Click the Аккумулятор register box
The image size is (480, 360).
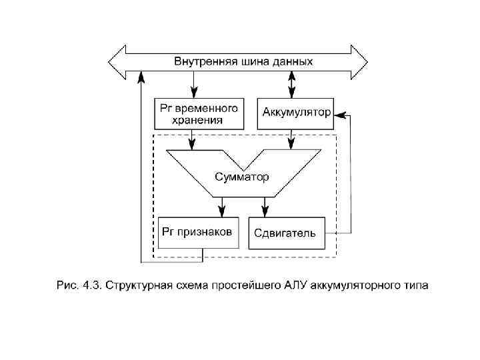295,112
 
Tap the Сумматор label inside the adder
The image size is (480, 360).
242,177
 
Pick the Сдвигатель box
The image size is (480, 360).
287,233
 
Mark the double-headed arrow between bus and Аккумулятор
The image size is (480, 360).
291,85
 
